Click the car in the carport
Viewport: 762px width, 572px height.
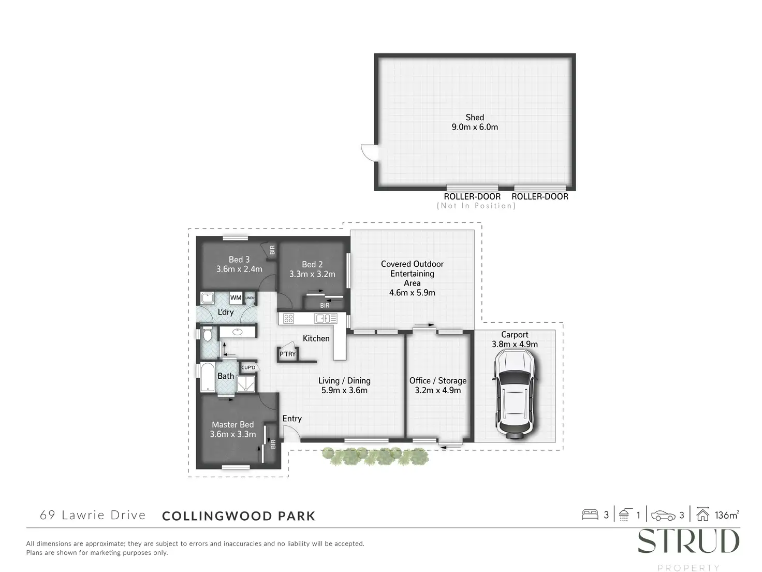515,394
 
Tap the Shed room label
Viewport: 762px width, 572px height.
475,118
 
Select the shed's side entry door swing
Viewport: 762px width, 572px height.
369,151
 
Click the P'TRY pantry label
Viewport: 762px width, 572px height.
287,354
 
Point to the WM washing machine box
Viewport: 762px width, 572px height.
236,297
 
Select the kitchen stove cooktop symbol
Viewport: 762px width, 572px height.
288,319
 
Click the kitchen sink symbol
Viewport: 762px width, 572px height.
323,319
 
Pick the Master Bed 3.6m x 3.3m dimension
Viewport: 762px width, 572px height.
233,434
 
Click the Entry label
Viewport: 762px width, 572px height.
292,419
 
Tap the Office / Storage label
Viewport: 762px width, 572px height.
438,381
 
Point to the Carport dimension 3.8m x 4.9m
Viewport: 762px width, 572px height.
515,344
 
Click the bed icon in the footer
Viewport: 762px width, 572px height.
590,515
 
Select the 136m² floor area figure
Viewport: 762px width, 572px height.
726,515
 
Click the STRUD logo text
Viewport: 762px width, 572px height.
688,542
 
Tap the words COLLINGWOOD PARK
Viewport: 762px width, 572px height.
239,516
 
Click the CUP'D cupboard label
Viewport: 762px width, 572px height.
248,368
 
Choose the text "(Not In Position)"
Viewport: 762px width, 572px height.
476,206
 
